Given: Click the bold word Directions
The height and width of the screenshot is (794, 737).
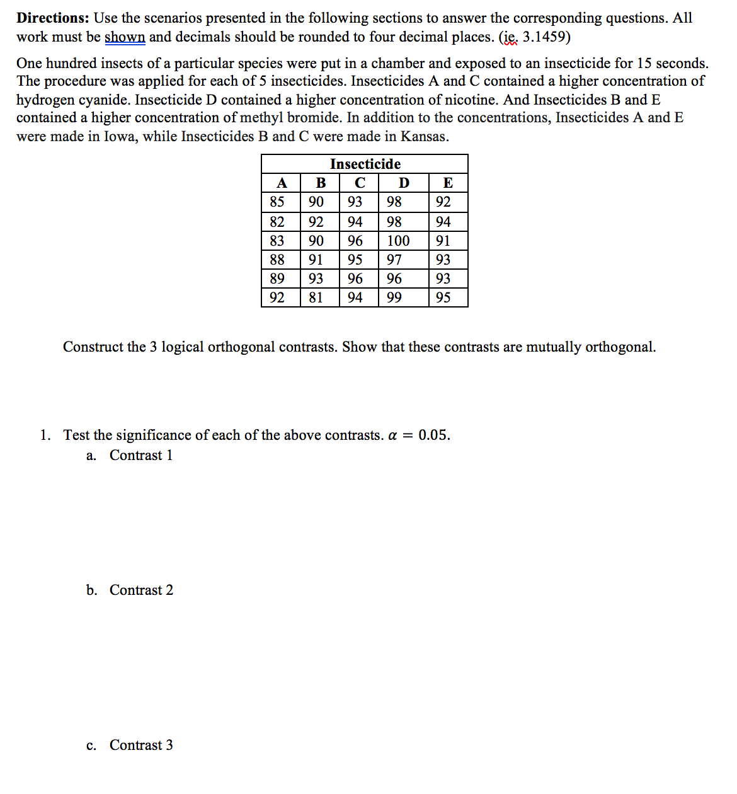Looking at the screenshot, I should tap(52, 18).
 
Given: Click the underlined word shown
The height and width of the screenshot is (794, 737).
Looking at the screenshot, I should tap(125, 37).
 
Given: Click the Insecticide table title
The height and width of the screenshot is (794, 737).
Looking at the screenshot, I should tap(365, 164).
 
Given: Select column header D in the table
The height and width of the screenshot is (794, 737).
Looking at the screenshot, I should tap(404, 183).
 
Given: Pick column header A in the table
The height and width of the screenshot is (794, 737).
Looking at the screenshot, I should tap(282, 183).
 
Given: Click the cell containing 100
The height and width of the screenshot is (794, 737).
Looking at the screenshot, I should tap(398, 241).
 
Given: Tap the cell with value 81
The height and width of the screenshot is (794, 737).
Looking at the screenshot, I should tap(316, 297).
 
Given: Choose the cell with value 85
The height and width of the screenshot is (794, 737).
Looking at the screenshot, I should tap(277, 202).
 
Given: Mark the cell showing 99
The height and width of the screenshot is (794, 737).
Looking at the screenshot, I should tap(394, 297).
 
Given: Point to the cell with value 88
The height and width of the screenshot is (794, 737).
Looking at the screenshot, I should tap(277, 260).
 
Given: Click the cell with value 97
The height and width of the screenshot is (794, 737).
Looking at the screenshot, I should tap(394, 260).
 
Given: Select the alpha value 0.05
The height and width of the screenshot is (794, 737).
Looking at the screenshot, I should tap(434, 435).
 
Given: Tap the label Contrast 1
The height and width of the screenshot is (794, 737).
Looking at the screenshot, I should tap(141, 456).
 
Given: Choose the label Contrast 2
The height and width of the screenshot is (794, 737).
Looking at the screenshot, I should tap(141, 590).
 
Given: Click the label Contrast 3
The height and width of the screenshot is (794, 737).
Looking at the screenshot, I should tap(141, 745).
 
